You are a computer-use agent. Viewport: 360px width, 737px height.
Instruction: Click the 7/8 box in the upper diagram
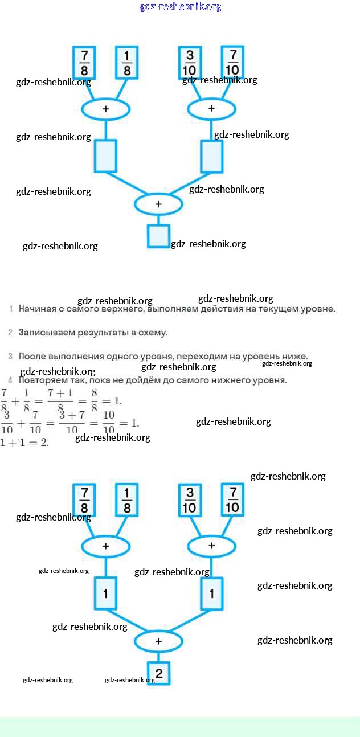point(84,63)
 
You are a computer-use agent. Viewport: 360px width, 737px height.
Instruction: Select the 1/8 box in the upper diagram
point(127,63)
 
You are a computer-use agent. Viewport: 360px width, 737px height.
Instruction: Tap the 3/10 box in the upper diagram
point(190,63)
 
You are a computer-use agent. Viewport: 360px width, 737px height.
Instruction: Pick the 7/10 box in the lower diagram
point(232,499)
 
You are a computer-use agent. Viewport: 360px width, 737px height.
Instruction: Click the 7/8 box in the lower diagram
point(84,500)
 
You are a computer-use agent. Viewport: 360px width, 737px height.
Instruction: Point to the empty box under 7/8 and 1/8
point(105,156)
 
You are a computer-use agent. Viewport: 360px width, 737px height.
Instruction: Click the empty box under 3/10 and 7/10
point(212,156)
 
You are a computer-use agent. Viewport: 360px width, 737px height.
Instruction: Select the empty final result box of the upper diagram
point(158,236)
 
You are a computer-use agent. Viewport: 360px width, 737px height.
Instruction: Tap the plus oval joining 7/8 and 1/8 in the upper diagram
point(105,108)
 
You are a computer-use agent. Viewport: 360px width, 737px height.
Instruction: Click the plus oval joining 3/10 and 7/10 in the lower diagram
point(212,546)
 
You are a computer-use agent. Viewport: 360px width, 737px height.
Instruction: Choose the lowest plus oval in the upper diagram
point(158,204)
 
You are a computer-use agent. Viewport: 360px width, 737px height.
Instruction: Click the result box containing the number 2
point(158,674)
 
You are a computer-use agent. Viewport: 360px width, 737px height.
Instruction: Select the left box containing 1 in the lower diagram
point(105,593)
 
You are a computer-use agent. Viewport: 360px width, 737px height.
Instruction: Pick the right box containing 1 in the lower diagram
point(212,593)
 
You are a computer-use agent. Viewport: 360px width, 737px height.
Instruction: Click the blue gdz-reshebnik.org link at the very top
point(180,7)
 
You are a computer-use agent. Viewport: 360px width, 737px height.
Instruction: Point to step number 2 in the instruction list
point(10,332)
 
